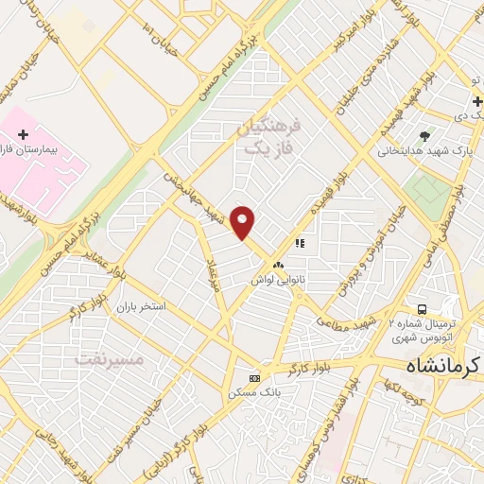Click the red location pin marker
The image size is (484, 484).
coord(244,222)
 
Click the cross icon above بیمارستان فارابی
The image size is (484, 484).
coord(23,136)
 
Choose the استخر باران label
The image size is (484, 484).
coord(141,307)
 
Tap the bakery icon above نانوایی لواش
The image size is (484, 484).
coord(278,265)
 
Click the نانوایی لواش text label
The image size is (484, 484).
coord(277,281)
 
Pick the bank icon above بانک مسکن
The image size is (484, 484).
coord(252,376)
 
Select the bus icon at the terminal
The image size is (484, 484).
coord(422,309)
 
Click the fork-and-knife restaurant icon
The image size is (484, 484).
coord(300,243)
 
